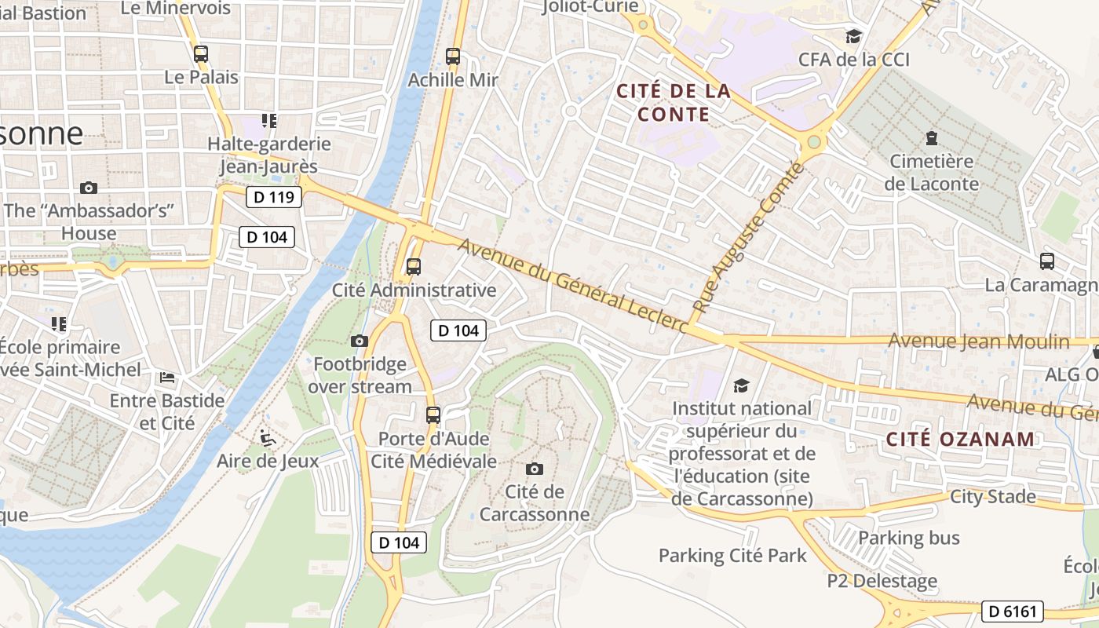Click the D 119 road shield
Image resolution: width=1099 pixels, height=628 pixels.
tap(274, 197)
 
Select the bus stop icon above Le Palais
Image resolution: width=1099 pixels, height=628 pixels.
tap(201, 54)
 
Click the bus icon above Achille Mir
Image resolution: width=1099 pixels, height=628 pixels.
tap(453, 57)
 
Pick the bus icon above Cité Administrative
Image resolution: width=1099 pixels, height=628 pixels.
tap(414, 267)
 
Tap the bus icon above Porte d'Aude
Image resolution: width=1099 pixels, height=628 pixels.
tap(433, 415)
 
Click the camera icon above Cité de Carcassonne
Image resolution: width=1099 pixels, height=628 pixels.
tap(535, 469)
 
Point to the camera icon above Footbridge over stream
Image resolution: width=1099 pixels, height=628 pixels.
tap(360, 341)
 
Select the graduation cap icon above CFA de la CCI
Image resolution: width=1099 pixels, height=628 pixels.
tap(853, 36)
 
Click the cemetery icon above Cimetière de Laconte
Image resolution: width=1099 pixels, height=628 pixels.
tap(932, 138)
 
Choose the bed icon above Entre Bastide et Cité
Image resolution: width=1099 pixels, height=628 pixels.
tap(167, 378)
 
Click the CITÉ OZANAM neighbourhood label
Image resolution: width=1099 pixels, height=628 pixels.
tap(960, 440)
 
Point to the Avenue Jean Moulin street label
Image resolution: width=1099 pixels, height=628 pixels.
tap(978, 341)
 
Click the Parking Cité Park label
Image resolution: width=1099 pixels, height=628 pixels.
tap(732, 556)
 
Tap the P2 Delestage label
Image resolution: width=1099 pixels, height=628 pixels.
tap(882, 582)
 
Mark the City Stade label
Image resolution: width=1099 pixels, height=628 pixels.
tap(992, 497)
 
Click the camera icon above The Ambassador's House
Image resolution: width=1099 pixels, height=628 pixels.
tap(89, 188)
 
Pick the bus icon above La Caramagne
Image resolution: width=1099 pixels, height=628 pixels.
tap(1046, 261)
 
